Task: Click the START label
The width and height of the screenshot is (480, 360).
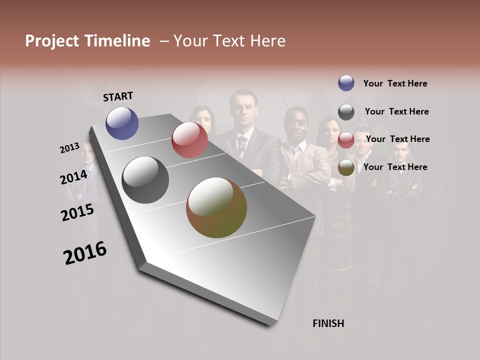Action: (118, 96)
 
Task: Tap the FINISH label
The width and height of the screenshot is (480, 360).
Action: (328, 323)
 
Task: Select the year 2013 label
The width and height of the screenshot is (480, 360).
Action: (70, 148)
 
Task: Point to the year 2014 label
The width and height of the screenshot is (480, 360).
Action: (74, 177)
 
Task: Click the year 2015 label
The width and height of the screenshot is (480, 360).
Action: (77, 212)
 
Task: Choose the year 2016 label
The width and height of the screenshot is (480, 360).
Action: (85, 253)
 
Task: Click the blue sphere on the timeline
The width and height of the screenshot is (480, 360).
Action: (122, 123)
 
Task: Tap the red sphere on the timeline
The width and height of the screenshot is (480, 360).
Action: (189, 140)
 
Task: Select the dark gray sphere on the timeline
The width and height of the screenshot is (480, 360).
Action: (145, 180)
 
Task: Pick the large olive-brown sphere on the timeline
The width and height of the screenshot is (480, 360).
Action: (216, 207)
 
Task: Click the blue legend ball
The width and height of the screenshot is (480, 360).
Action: (346, 83)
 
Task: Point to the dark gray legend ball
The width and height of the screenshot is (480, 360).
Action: (346, 112)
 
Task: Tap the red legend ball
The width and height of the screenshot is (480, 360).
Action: (346, 140)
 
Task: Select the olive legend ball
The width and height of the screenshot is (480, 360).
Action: (346, 168)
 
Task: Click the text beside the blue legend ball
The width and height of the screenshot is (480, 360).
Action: (395, 83)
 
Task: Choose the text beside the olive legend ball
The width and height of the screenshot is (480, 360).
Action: (395, 167)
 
